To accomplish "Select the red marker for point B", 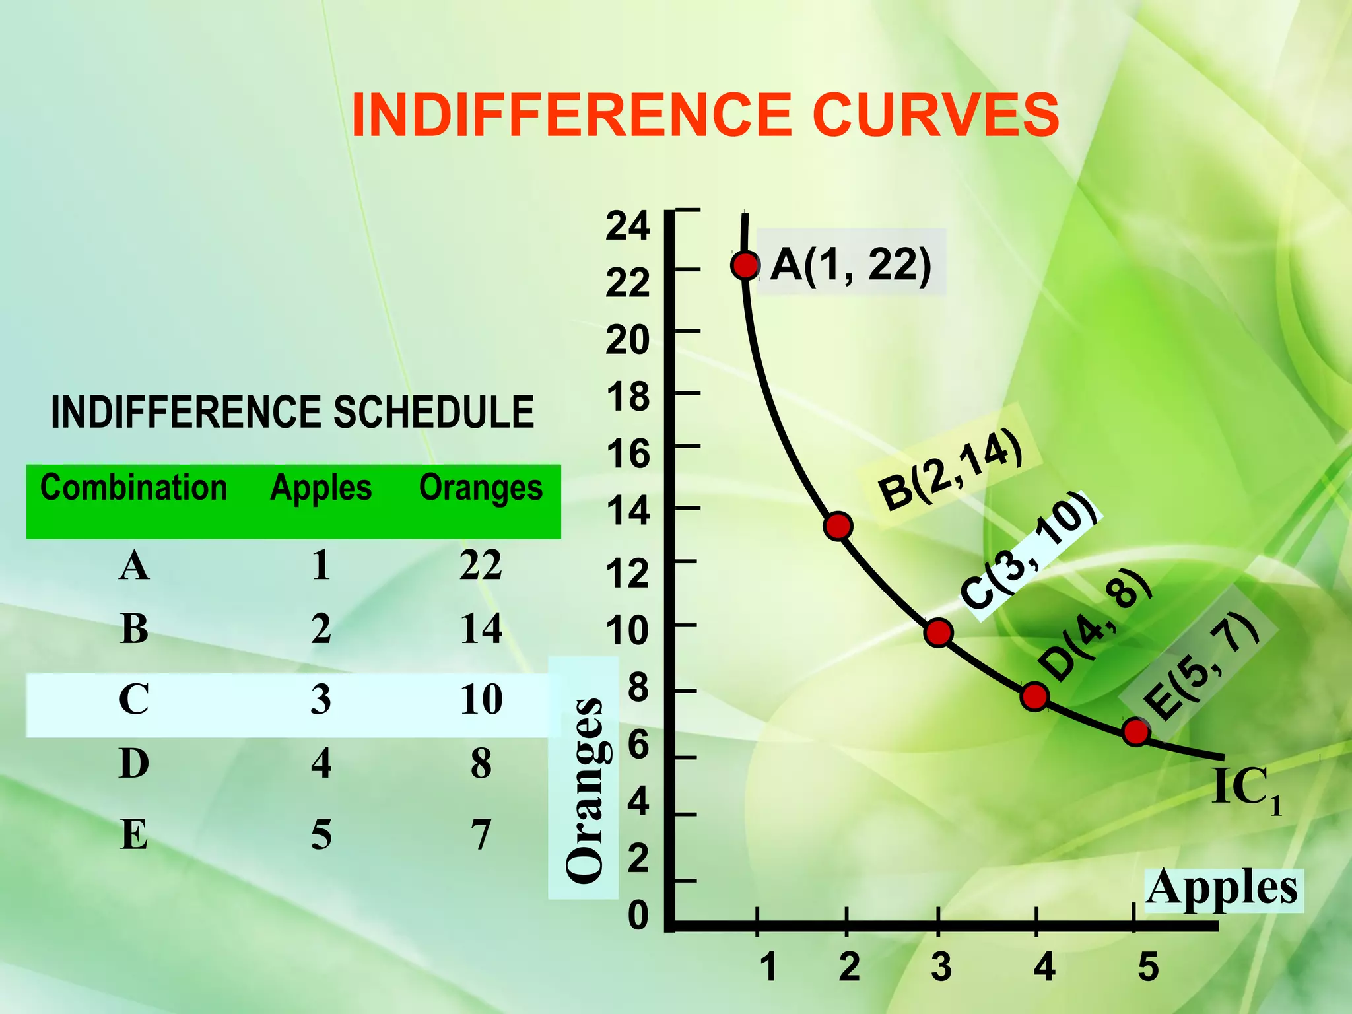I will click(838, 526).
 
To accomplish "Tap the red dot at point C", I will click(938, 633).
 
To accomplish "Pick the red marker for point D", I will click(1034, 696).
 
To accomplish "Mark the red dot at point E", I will click(1136, 731).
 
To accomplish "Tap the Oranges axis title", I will click(585, 790).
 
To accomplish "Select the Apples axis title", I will click(1222, 889).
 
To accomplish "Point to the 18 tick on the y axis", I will click(628, 397).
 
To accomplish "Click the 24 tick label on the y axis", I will click(628, 226).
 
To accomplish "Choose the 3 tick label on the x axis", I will click(941, 968).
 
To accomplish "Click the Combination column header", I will click(134, 488).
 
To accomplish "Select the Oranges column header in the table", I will click(481, 489).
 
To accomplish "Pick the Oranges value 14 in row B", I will click(481, 628).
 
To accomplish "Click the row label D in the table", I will click(135, 764).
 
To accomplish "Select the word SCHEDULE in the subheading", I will click(434, 413).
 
